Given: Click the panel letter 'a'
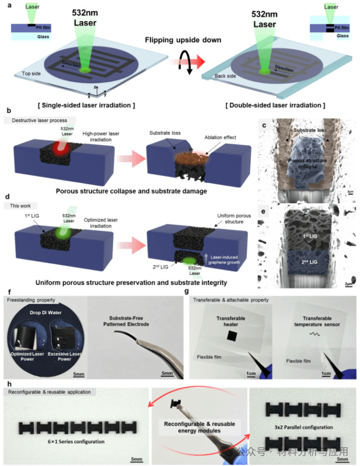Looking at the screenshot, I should tap(7, 5).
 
